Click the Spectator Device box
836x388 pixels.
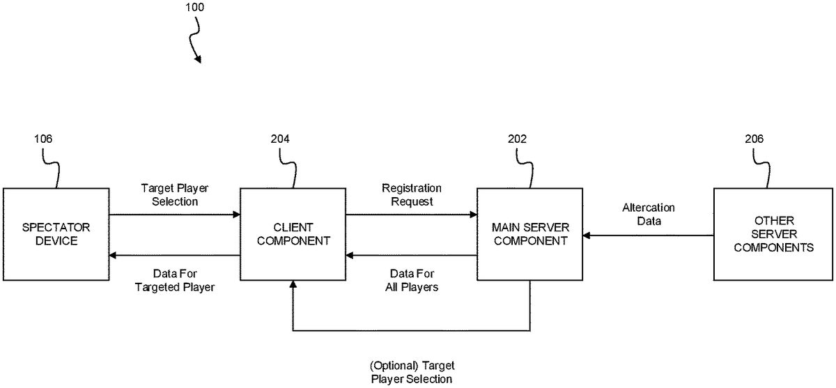pyautogui.click(x=55, y=234)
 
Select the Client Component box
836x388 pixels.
pyautogui.click(x=293, y=234)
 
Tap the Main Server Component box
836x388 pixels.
pyautogui.click(x=529, y=234)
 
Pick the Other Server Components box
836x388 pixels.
pyautogui.click(x=773, y=234)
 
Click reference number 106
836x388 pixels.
pyautogui.click(x=43, y=139)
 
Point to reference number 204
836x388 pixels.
pyautogui.click(x=280, y=139)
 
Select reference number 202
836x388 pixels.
pyautogui.click(x=517, y=139)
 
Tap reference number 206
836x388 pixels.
pyautogui.click(x=754, y=139)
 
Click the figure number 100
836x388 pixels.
pyautogui.click(x=195, y=8)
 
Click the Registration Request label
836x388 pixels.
pyautogui.click(x=411, y=195)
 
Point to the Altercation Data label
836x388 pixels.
pyautogui.click(x=648, y=215)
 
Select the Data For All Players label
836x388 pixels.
pyautogui.click(x=411, y=280)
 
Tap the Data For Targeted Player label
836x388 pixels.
pyautogui.click(x=174, y=280)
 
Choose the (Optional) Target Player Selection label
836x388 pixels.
pyautogui.click(x=412, y=372)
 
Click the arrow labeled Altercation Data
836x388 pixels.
pyautogui.click(x=648, y=235)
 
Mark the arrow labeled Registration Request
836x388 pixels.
pyautogui.click(x=411, y=215)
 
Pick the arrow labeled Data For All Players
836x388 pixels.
pyautogui.click(x=411, y=256)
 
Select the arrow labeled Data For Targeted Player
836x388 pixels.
pyautogui.click(x=174, y=256)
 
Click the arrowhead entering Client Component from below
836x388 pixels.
pyautogui.click(x=293, y=285)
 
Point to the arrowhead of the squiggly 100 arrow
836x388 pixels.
pyautogui.click(x=199, y=60)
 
